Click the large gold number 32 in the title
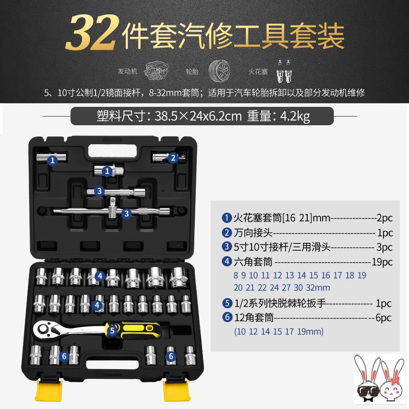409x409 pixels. click(92, 33)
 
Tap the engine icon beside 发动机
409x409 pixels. click(155, 71)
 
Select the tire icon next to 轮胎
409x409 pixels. click(219, 71)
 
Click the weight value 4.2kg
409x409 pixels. click(295, 116)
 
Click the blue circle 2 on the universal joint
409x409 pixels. click(173, 158)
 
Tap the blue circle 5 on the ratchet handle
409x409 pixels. click(112, 330)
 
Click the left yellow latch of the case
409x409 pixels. click(49, 391)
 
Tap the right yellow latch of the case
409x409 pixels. click(177, 391)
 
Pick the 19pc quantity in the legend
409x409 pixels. click(382, 262)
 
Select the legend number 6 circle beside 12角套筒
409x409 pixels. click(227, 317)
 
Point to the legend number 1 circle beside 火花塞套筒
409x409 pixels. click(226, 218)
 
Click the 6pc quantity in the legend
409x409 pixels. click(383, 317)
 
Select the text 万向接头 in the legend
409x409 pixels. click(253, 233)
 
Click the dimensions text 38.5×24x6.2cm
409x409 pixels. click(198, 116)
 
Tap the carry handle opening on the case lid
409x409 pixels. click(113, 151)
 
